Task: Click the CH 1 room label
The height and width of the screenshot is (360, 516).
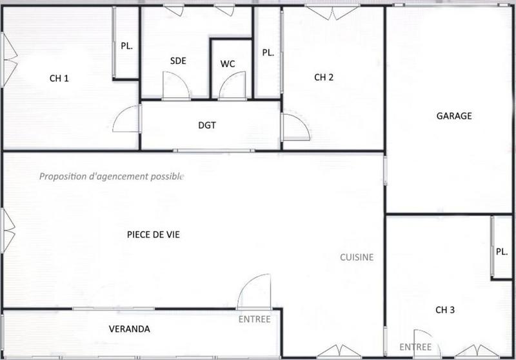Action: (x=59, y=79)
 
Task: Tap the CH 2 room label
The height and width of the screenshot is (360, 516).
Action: (x=324, y=77)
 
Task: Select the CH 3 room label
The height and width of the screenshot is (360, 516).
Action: (x=445, y=310)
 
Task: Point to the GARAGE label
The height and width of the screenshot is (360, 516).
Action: (x=454, y=116)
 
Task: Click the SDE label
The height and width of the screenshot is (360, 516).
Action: (x=178, y=61)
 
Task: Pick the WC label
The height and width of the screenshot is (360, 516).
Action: (x=228, y=64)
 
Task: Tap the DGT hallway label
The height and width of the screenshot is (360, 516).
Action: (x=206, y=125)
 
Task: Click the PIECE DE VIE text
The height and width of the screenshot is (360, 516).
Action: (x=154, y=235)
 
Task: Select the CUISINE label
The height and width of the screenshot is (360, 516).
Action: (x=357, y=257)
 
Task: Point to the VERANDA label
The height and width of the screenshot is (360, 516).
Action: (x=129, y=329)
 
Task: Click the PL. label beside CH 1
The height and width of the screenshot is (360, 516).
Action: (x=126, y=46)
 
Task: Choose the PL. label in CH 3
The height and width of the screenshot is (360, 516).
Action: (x=502, y=252)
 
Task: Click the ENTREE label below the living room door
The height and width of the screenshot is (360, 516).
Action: (x=254, y=319)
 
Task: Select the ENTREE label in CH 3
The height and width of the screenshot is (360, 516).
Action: (x=415, y=347)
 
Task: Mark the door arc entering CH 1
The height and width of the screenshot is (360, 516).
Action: (x=128, y=119)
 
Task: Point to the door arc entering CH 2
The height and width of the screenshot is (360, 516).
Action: (x=295, y=127)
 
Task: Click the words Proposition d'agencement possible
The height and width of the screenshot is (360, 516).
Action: (x=112, y=176)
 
